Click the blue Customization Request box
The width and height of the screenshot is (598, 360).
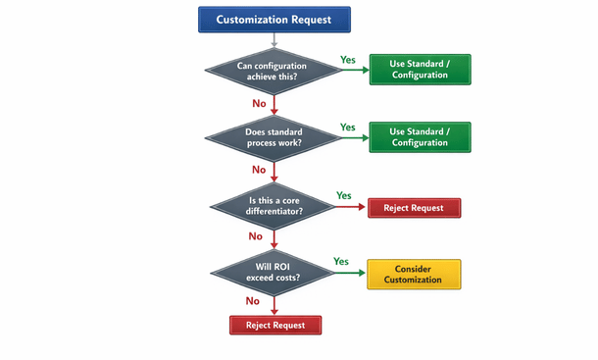[x=274, y=19]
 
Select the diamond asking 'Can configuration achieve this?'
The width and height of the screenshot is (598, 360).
[x=274, y=71]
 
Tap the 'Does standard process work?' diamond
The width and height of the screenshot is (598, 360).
[x=274, y=138]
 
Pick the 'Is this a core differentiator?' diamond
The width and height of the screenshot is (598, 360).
[x=274, y=207]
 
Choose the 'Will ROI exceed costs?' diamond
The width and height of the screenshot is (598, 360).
[x=274, y=274]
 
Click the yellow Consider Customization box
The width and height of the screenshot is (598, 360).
[x=413, y=274]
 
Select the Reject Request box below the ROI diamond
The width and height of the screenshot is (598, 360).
[x=274, y=325]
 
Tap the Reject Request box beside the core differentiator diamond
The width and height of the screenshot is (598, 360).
[x=413, y=207]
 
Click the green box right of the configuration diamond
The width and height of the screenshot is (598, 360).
[x=419, y=71]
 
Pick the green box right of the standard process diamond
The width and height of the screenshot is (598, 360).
[x=419, y=138]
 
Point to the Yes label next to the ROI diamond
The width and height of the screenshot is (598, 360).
[x=341, y=262]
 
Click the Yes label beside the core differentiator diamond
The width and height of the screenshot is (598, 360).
[x=344, y=195]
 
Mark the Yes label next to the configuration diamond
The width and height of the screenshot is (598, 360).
[x=348, y=60]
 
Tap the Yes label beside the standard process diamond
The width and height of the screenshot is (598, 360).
[x=348, y=128]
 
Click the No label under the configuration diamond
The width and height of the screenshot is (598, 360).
[x=259, y=102]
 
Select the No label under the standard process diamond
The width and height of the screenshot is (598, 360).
[x=259, y=170]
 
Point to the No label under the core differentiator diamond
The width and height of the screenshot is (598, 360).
[x=256, y=236]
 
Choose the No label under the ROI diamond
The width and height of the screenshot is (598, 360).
[x=253, y=301]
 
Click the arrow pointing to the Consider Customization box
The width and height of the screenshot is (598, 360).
[x=348, y=274]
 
